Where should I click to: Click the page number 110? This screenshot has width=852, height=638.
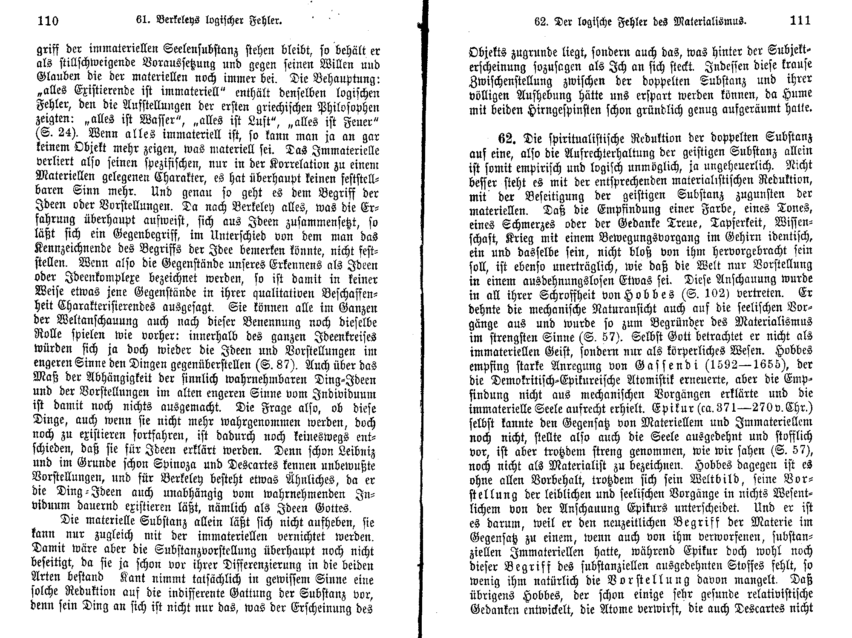pyautogui.click(x=48, y=20)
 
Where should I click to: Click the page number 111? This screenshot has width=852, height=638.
pyautogui.click(x=800, y=20)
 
